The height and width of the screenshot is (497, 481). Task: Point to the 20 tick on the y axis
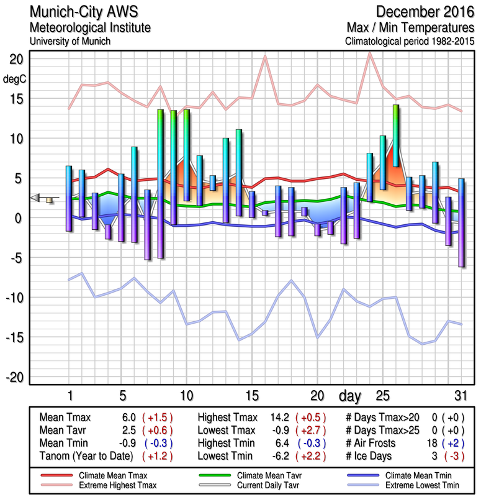pyautogui.click(x=16, y=59)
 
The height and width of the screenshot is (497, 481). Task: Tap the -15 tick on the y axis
pyautogui.click(x=14, y=337)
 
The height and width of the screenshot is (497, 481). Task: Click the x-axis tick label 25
pyautogui.click(x=382, y=396)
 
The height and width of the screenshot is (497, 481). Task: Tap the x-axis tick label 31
pyautogui.click(x=460, y=396)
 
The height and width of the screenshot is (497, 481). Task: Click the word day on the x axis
pyautogui.click(x=351, y=396)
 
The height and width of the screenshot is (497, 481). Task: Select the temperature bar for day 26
pyautogui.click(x=395, y=136)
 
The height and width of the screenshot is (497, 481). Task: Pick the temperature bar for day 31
pyautogui.click(x=461, y=222)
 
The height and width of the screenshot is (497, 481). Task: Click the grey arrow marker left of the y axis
pyautogui.click(x=37, y=198)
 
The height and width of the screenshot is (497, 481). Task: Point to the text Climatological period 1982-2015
pyautogui.click(x=411, y=42)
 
